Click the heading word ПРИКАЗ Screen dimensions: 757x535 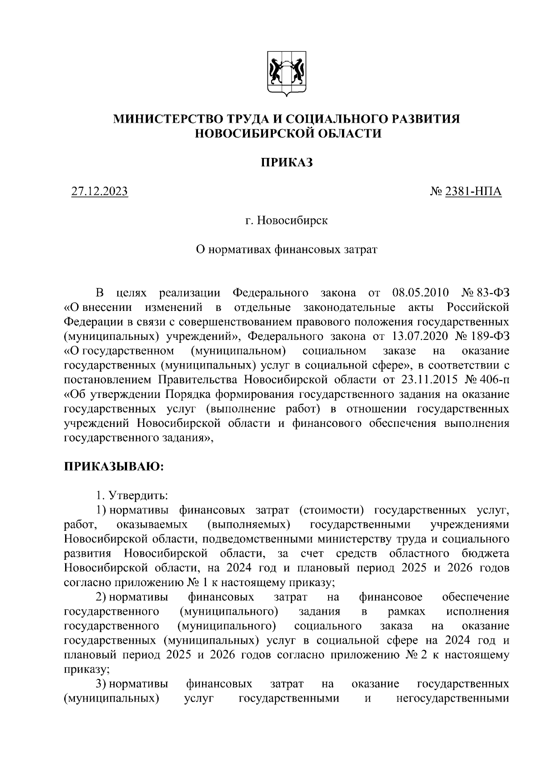click(x=287, y=162)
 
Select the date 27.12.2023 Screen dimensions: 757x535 click(x=99, y=192)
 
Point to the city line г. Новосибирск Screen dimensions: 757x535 click(x=287, y=220)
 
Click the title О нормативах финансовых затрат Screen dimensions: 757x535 click(x=287, y=249)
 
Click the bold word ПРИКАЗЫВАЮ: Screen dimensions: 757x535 click(x=114, y=467)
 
